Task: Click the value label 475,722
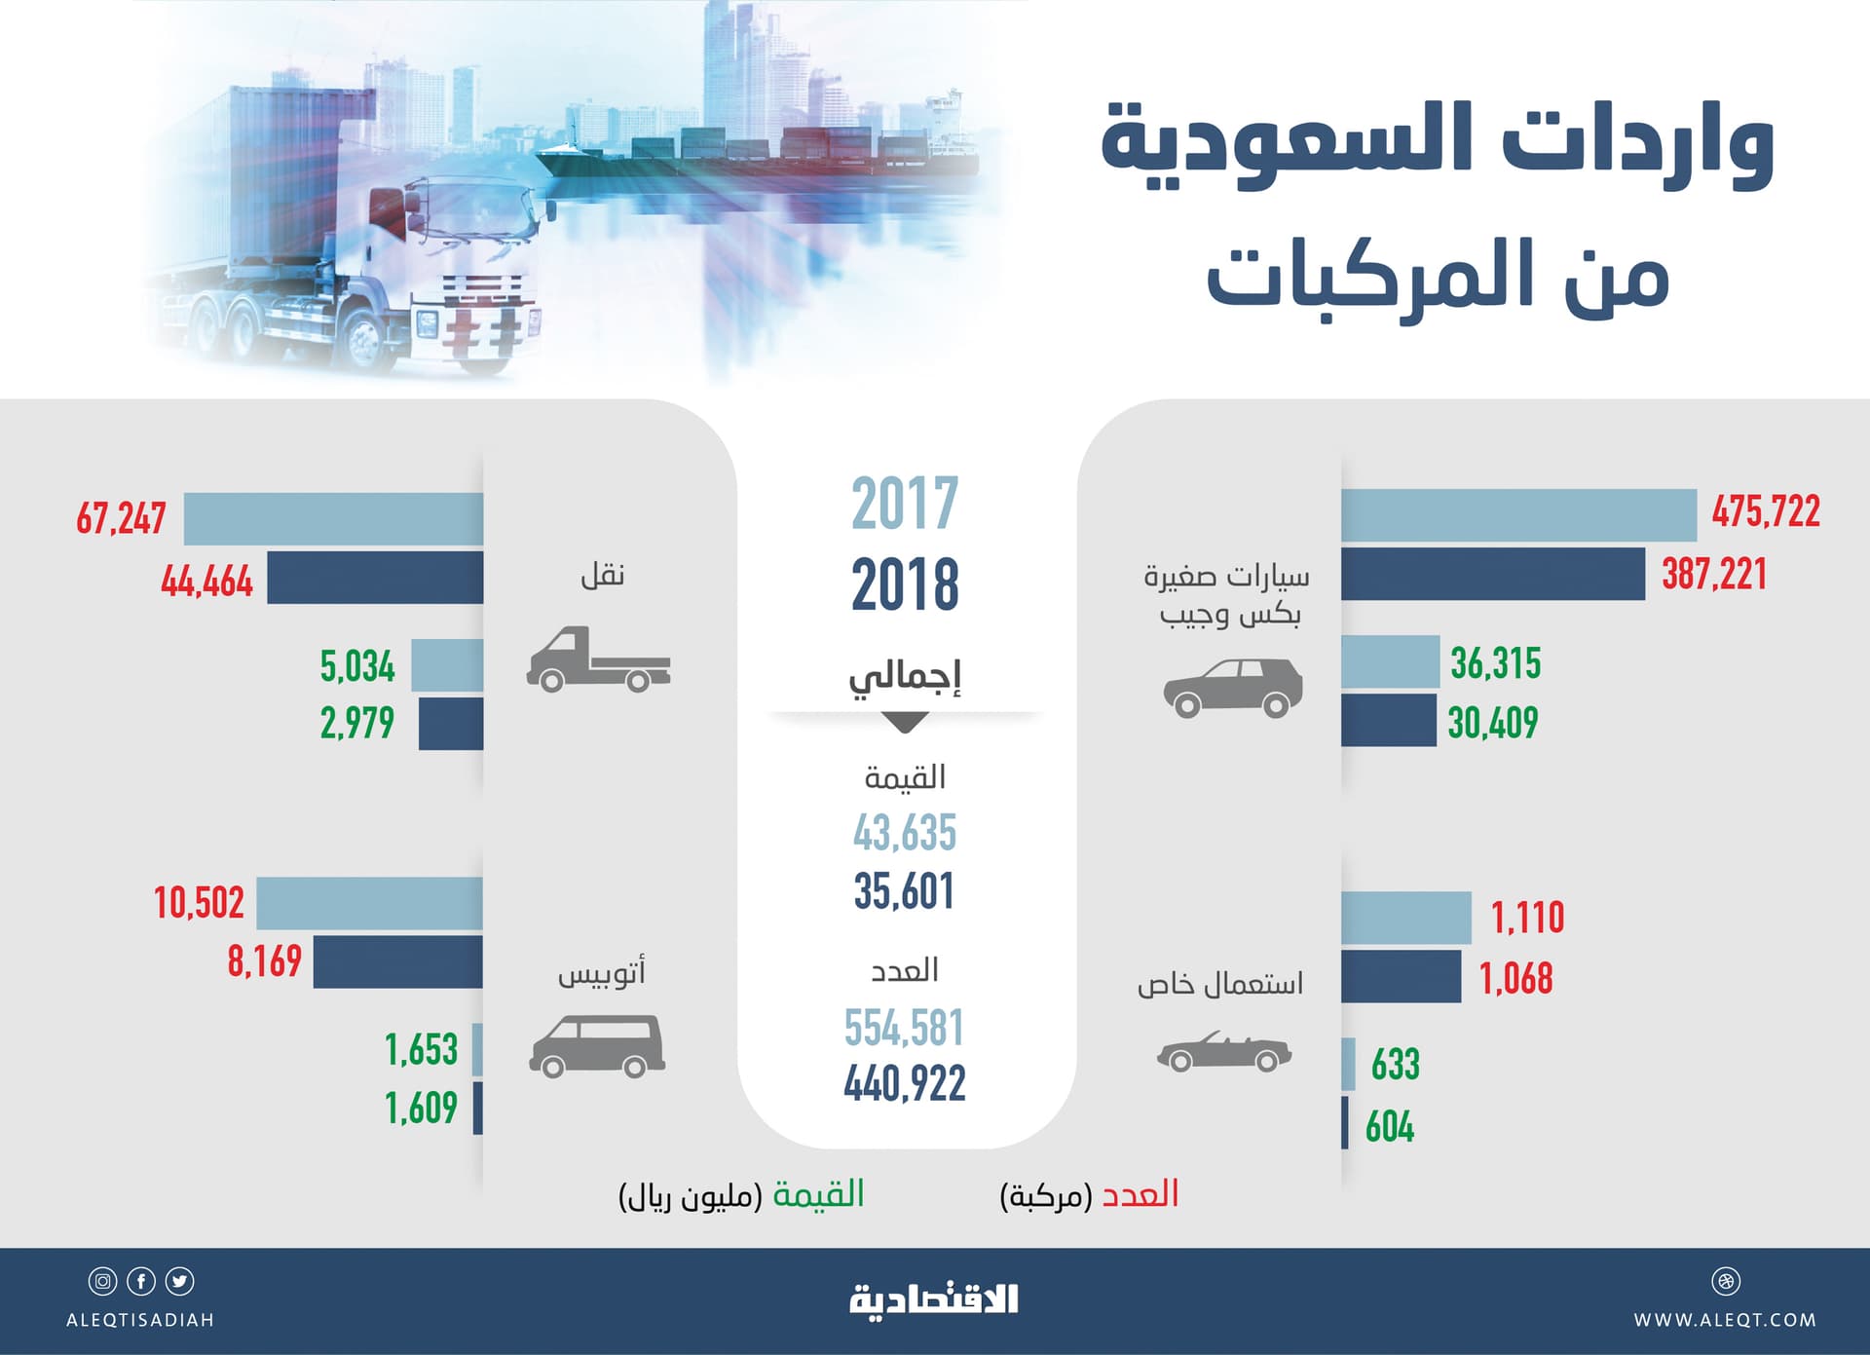1766,512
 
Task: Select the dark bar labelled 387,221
1492,575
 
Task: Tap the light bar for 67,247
333,519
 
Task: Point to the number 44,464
206,582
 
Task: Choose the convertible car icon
1224,1052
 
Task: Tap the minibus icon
597,1046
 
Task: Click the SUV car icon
1233,688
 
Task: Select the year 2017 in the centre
905,504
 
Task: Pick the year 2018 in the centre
905,585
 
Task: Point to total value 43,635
905,833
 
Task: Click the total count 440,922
905,1083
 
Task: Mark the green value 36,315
1495,663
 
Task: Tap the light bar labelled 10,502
369,903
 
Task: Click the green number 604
1390,1127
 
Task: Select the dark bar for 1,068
1401,976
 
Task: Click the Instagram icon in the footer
102,1281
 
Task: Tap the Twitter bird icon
180,1281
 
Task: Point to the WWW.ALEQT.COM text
1725,1320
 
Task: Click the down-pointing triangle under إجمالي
904,723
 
